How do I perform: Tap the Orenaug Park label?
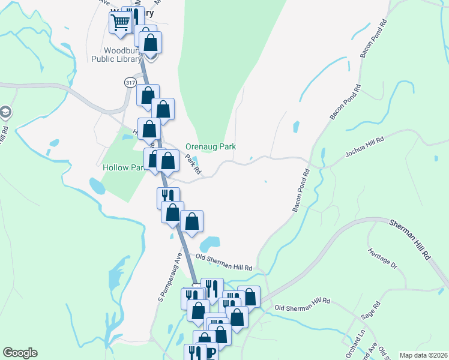coord(210,146)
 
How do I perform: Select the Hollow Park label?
coord(123,167)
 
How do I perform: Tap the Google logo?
coord(20,353)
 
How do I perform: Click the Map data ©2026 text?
coord(423,355)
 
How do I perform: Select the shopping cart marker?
coord(120,22)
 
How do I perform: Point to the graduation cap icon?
coord(5,112)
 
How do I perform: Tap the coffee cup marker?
coord(211,353)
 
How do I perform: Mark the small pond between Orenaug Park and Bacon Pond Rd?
coord(296,127)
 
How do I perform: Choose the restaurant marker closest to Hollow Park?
coord(168,196)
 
